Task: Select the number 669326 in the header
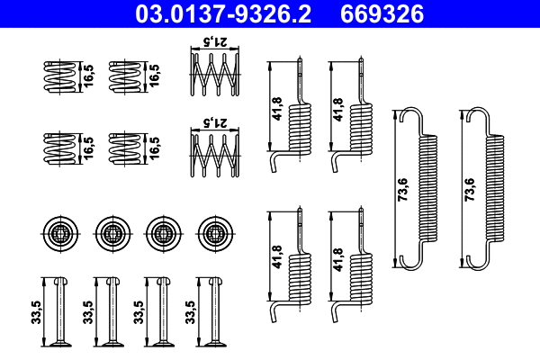point(381,14)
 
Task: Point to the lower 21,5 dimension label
point(211,120)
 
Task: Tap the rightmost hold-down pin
point(214,310)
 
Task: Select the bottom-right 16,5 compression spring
point(123,148)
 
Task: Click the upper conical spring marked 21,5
point(211,76)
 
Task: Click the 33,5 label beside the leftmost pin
point(35,311)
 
